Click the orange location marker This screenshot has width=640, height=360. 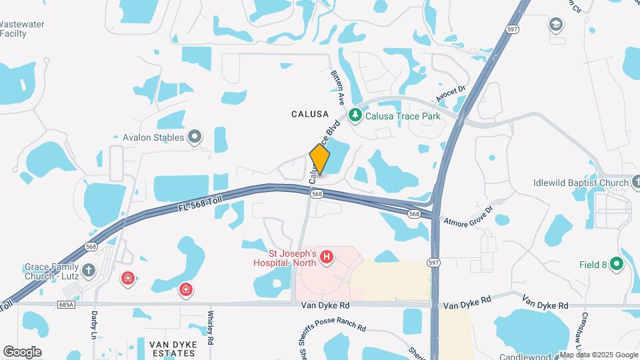[320, 160]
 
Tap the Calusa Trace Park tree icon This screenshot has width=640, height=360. [356, 115]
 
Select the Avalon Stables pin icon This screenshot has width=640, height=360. [195, 137]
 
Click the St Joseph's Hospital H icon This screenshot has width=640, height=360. [327, 257]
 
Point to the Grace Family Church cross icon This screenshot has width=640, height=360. [90, 270]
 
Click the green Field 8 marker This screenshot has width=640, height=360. [617, 264]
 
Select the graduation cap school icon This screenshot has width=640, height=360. [555, 25]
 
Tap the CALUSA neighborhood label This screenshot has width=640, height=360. [310, 114]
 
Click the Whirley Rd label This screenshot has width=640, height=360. [211, 327]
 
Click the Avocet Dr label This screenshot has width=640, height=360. [449, 97]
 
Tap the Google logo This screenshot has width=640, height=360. [22, 351]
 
